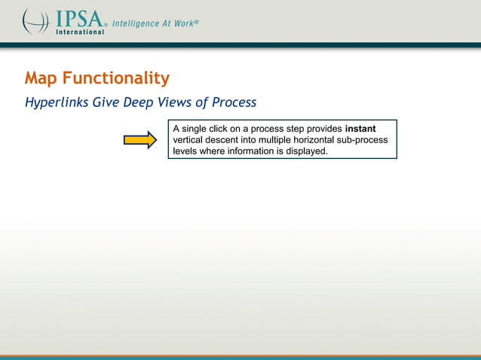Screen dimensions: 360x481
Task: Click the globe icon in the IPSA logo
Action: pyautogui.click(x=35, y=20)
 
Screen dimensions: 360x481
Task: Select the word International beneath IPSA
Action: pyautogui.click(x=78, y=32)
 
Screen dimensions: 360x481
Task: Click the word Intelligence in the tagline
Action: pyautogui.click(x=136, y=23)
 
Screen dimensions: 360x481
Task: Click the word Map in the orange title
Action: pyautogui.click(x=41, y=78)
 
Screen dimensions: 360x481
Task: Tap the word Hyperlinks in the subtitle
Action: pyautogui.click(x=57, y=102)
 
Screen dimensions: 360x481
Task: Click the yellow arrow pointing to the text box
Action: pyautogui.click(x=139, y=139)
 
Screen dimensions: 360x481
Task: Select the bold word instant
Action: pyautogui.click(x=360, y=129)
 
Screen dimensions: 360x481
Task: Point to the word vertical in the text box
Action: pyautogui.click(x=190, y=140)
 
